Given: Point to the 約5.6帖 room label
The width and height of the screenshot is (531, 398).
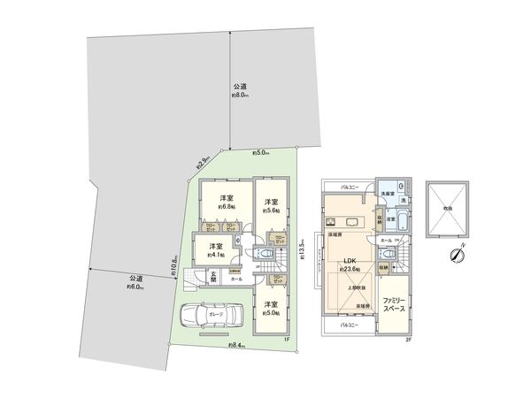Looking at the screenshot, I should pos(270,204).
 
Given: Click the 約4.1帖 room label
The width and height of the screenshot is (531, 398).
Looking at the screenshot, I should pos(216,251).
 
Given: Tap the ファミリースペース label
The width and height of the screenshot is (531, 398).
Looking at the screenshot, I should pos(396,307).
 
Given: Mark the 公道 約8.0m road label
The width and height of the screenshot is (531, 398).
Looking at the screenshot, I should pos(240,90).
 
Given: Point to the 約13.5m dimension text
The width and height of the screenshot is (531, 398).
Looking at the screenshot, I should pos(303,250).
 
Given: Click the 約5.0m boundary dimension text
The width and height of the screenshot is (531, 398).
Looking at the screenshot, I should pos(261,151).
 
